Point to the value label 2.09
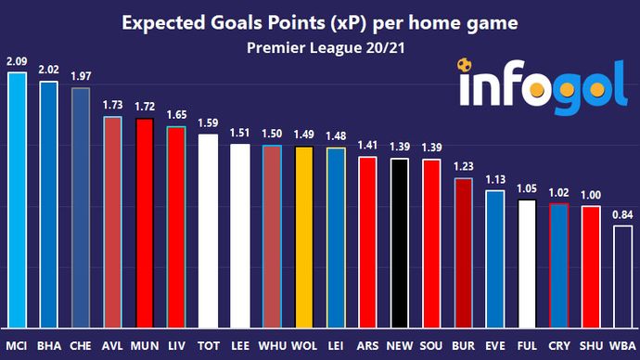[x=17, y=62]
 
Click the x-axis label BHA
[x=48, y=345]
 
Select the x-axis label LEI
[x=335, y=345]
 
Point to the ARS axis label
[x=366, y=345]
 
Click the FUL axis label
[x=526, y=345]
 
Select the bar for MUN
[x=144, y=223]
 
